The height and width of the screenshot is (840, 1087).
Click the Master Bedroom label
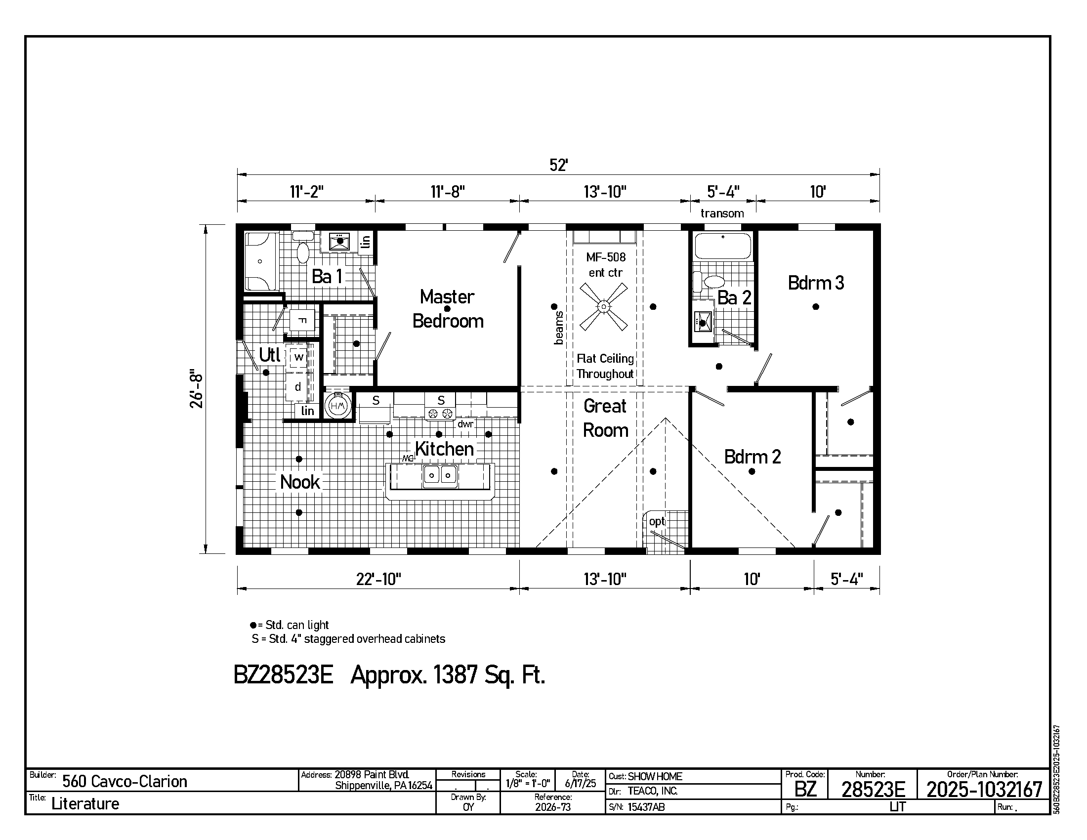point(448,309)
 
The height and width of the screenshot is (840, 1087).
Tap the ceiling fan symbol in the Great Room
point(604,306)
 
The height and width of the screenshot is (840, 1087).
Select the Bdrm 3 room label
point(816,283)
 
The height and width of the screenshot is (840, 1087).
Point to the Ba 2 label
point(734,297)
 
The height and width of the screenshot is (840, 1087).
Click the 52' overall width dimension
point(558,165)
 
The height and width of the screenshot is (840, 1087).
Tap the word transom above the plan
point(722,213)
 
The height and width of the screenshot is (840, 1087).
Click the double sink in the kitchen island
point(440,475)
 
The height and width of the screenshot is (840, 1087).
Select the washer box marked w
point(298,357)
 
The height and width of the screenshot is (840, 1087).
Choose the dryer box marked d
point(298,387)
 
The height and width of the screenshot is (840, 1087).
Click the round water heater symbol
point(338,406)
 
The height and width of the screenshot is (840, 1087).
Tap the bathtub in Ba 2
point(723,246)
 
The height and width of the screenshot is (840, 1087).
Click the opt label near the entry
point(657,521)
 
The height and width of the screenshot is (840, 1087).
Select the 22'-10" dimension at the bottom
point(378,579)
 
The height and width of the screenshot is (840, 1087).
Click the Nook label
point(299,482)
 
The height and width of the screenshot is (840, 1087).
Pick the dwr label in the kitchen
point(465,424)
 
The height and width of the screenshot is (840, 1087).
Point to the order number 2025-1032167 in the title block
point(984,789)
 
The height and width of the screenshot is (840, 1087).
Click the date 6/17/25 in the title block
point(581,784)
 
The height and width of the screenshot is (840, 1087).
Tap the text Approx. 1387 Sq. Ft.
point(448,675)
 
